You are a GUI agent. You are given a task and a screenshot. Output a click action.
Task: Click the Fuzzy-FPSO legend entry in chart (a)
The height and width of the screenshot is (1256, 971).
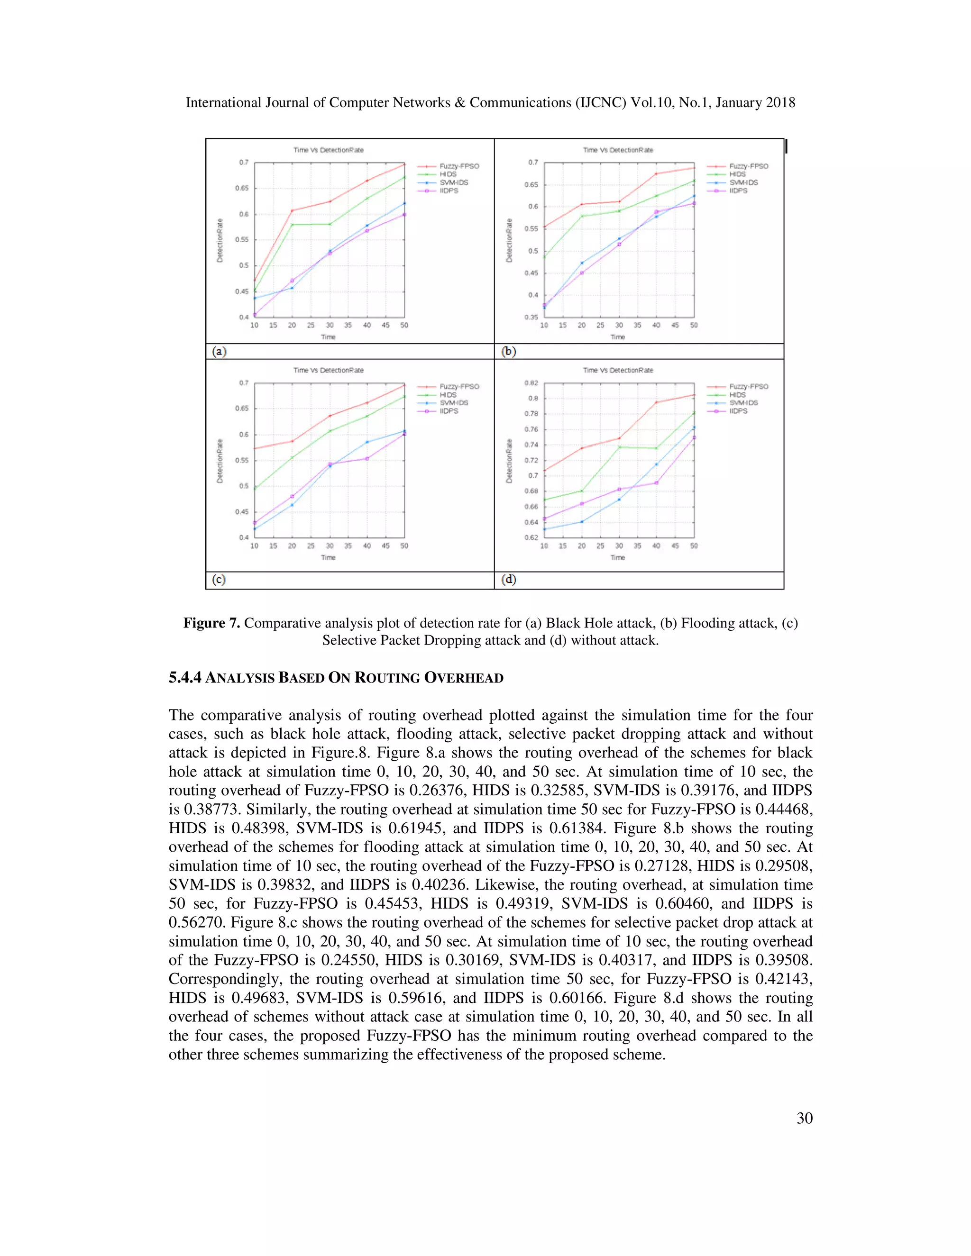(x=458, y=166)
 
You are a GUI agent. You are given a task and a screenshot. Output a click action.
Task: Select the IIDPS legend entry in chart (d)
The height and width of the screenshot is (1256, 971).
(x=738, y=411)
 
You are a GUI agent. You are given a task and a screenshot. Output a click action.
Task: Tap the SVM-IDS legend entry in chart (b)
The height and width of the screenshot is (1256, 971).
(x=743, y=182)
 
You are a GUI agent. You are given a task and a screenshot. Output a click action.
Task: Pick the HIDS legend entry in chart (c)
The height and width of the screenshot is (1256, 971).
(x=448, y=394)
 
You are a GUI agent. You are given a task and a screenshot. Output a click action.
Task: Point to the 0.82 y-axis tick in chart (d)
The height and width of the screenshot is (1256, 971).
(x=531, y=383)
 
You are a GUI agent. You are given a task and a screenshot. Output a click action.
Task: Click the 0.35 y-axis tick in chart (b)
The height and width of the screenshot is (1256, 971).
(x=531, y=317)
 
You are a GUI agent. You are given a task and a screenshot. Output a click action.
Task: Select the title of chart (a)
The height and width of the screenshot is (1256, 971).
(x=329, y=150)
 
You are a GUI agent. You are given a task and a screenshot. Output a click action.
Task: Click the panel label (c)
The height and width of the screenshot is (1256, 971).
(x=219, y=580)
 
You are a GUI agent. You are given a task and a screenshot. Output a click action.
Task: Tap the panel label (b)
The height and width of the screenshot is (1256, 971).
(x=509, y=351)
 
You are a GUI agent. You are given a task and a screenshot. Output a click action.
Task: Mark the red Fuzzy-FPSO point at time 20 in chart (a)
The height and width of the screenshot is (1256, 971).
(x=292, y=210)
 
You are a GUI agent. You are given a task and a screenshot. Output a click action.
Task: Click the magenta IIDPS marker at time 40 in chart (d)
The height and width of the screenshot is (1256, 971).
(x=656, y=482)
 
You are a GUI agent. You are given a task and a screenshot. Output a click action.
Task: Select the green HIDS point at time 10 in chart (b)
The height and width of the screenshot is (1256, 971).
(x=544, y=256)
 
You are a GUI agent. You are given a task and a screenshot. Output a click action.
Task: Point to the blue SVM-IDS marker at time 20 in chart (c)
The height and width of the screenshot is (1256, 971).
(x=292, y=505)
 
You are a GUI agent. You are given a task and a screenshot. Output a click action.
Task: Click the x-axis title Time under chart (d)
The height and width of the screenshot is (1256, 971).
(x=617, y=557)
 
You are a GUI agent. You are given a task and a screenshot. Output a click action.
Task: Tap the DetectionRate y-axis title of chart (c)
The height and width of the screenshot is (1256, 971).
(x=220, y=461)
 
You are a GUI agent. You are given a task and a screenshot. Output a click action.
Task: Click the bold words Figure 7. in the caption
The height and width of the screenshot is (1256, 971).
(x=211, y=623)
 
